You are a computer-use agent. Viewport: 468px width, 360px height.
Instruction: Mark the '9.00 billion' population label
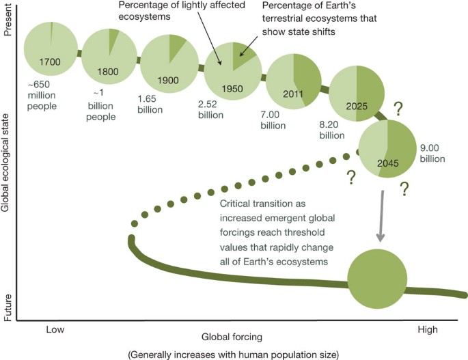tap(431, 153)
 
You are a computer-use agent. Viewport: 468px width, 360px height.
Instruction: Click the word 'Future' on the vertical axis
tap(8, 305)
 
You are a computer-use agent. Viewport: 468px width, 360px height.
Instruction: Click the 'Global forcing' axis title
tap(231, 337)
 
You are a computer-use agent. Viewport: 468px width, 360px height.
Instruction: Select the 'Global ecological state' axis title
tap(8, 168)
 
